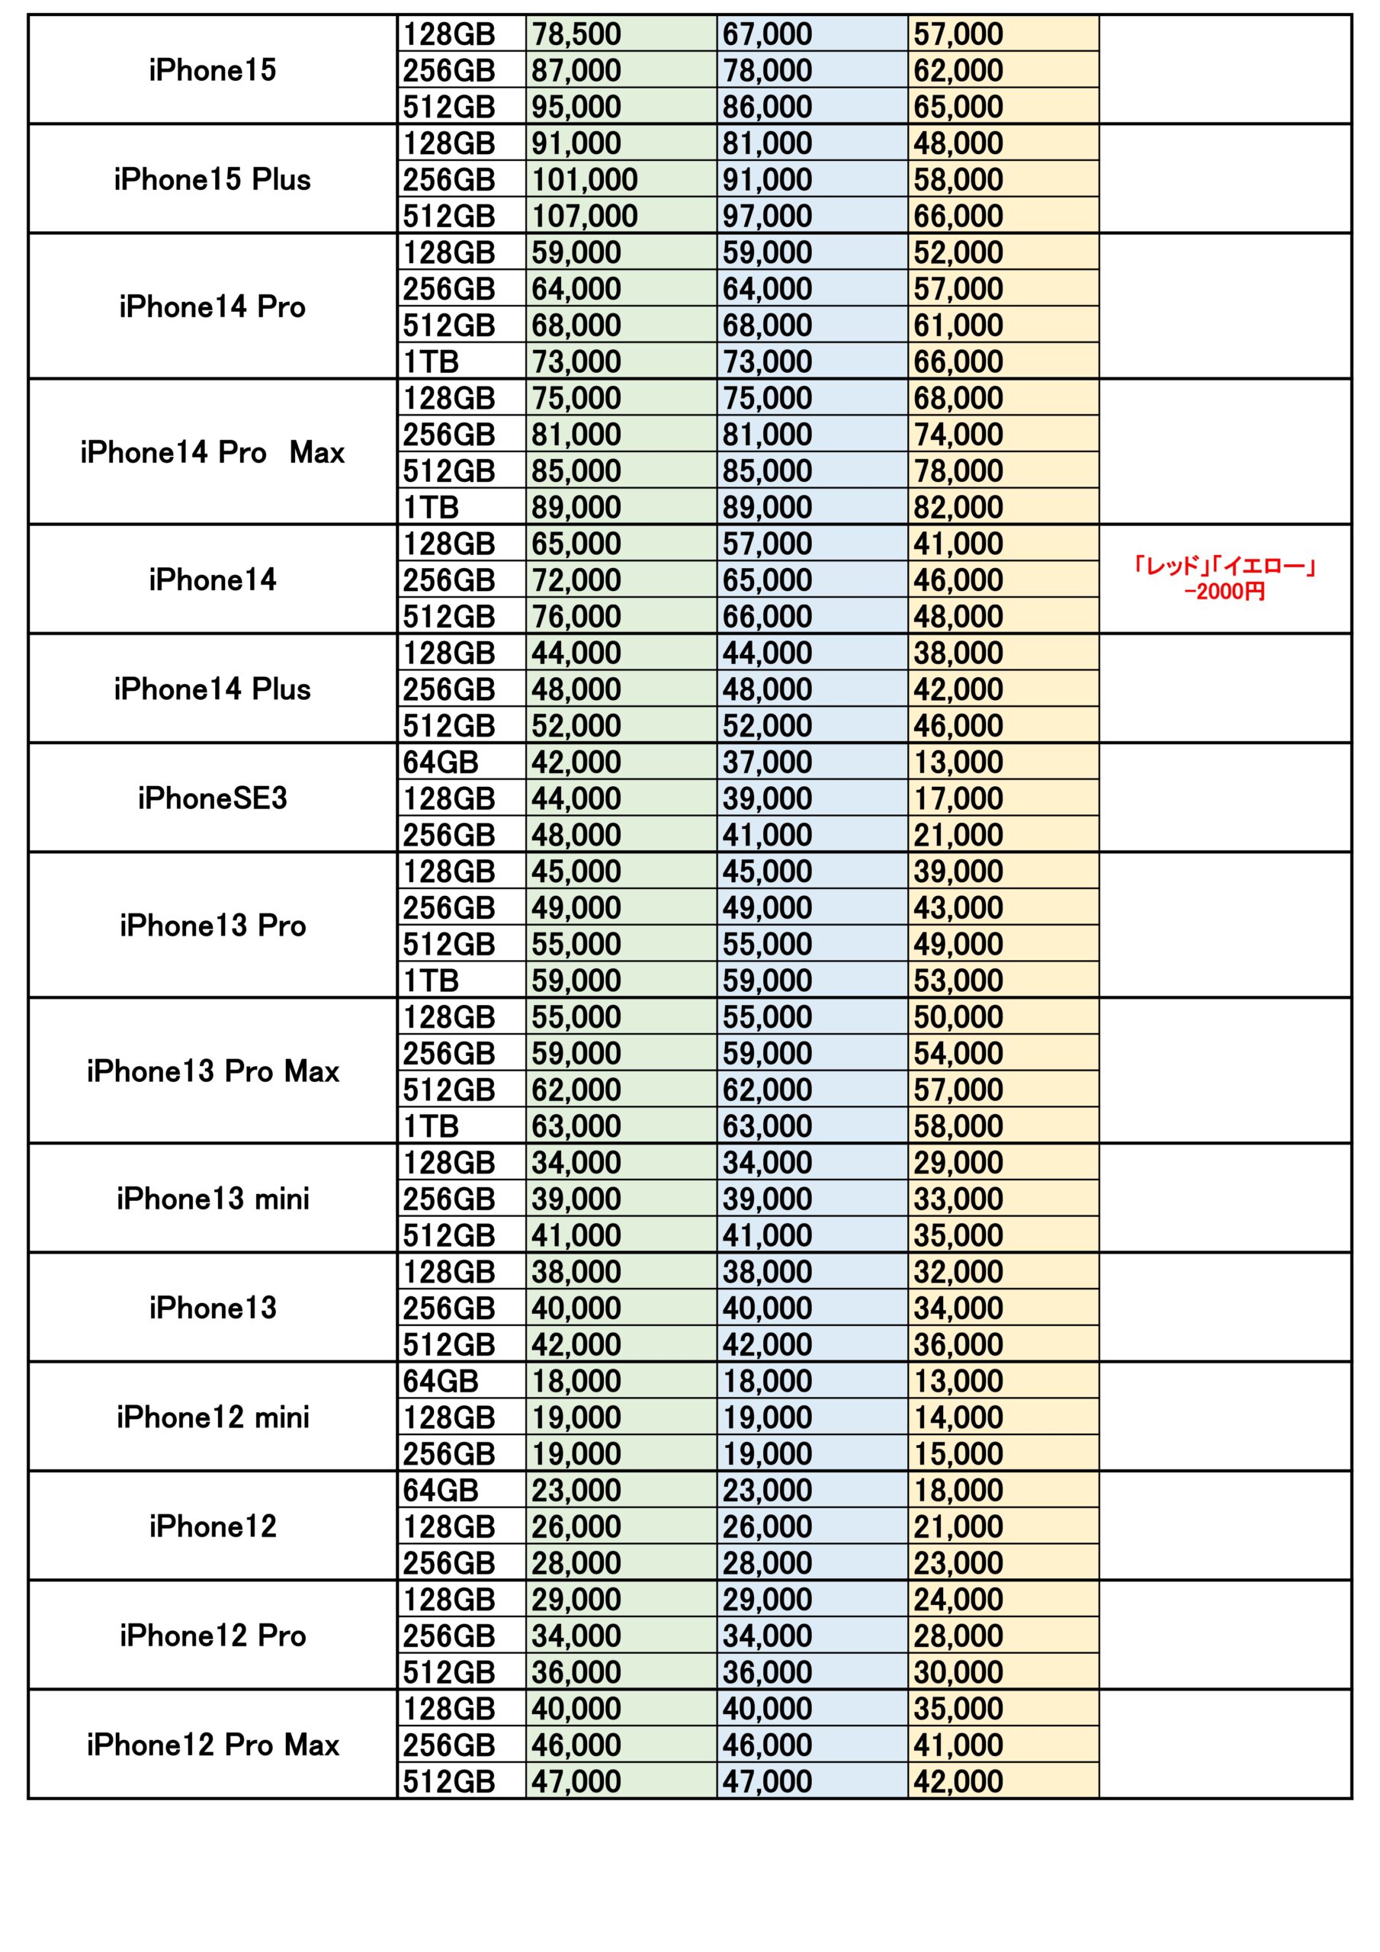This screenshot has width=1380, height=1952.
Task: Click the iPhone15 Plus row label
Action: click(213, 179)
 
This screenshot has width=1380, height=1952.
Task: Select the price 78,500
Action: click(576, 34)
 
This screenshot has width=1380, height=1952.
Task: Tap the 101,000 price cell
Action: click(585, 179)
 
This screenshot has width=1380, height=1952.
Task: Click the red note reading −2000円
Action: click(1224, 591)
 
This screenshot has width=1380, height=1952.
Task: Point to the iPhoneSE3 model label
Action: click(213, 798)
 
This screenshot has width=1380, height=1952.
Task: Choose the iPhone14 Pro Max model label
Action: click(213, 452)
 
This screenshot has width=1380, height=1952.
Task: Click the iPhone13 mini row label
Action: click(213, 1199)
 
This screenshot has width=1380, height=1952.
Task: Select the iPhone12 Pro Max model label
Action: click(213, 1745)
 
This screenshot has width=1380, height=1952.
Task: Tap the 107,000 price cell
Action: click(585, 216)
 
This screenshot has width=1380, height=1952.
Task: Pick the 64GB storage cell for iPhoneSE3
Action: click(441, 762)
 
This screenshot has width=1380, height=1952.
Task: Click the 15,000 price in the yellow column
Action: click(958, 1454)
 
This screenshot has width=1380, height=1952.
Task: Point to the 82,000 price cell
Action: click(958, 508)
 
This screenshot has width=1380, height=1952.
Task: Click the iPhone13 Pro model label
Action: click(213, 925)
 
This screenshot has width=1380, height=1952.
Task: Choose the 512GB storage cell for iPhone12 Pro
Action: click(449, 1672)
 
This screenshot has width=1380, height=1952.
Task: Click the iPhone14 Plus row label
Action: click(213, 689)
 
